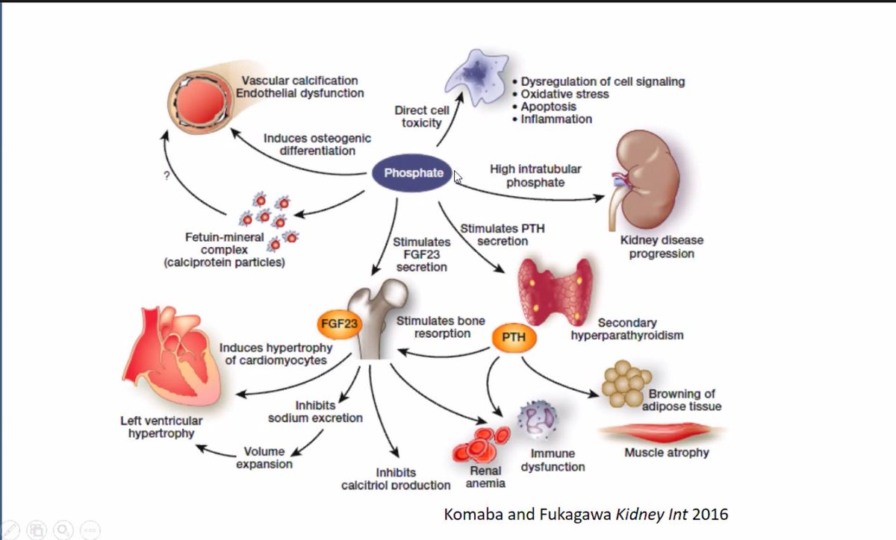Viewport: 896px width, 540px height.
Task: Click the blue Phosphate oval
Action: click(x=413, y=173)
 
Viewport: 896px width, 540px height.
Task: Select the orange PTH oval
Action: click(x=513, y=337)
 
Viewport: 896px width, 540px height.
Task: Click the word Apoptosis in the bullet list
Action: click(x=550, y=107)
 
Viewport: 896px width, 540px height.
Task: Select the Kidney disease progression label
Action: click(x=661, y=247)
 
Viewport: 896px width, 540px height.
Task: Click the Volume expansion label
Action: click(x=264, y=457)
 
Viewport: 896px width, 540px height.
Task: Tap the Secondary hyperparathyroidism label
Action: click(x=627, y=329)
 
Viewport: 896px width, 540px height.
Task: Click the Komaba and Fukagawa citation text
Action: click(x=585, y=514)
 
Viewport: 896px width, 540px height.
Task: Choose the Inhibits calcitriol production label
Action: click(x=396, y=479)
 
